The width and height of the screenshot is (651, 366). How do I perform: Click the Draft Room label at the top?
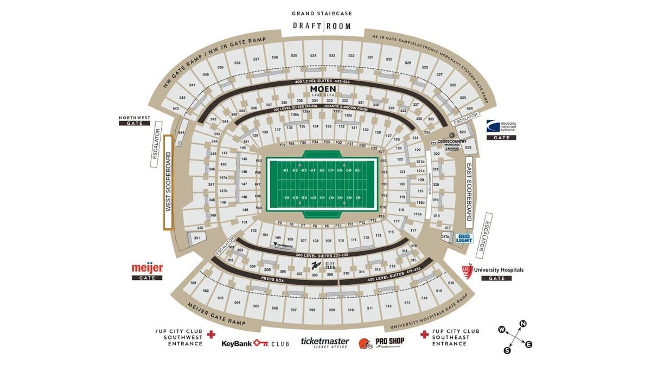pyautogui.click(x=321, y=25)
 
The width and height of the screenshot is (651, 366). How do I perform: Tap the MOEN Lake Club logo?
pyautogui.click(x=323, y=90)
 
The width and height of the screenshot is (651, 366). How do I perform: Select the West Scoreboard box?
pyautogui.click(x=168, y=183)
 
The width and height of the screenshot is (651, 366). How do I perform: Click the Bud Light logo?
pyautogui.click(x=464, y=237)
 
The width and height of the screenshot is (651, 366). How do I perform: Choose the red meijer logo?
pyautogui.click(x=147, y=268)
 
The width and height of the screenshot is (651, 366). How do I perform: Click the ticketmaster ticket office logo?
pyautogui.click(x=325, y=343)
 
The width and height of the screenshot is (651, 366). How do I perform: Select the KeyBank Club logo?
pyautogui.click(x=255, y=343)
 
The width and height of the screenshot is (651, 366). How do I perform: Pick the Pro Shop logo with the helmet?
pyautogui.click(x=381, y=343)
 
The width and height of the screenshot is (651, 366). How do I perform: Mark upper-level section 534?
pyautogui.click(x=313, y=56)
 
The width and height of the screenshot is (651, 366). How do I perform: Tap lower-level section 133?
pyautogui.click(x=328, y=126)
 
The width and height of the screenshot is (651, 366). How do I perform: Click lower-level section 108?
pyautogui.click(x=316, y=240)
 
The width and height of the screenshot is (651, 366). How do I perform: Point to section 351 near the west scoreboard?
pyautogui.click(x=197, y=238)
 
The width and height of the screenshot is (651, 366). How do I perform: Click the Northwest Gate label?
pyautogui.click(x=133, y=120)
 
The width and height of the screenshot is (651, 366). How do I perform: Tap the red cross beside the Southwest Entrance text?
pyautogui.click(x=212, y=335)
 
